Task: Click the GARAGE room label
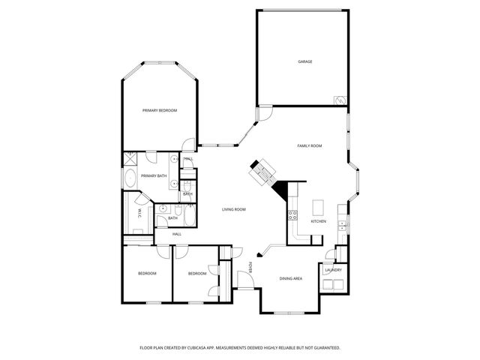(x=304, y=61)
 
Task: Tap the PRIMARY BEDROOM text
(x=160, y=110)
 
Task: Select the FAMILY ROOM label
(x=310, y=145)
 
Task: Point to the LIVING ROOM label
(x=234, y=209)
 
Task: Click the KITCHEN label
(x=319, y=221)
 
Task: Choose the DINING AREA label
(x=291, y=278)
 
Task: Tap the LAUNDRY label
(x=334, y=270)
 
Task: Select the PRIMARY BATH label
(x=153, y=175)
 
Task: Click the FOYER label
(x=251, y=267)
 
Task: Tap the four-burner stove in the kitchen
(x=292, y=217)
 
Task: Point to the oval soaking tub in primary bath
(x=129, y=178)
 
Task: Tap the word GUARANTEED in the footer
(x=323, y=348)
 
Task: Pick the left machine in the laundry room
(x=328, y=283)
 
